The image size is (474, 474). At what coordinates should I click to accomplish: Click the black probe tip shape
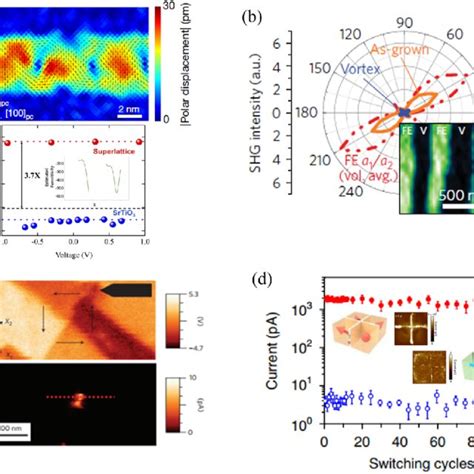click(x=132, y=289)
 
